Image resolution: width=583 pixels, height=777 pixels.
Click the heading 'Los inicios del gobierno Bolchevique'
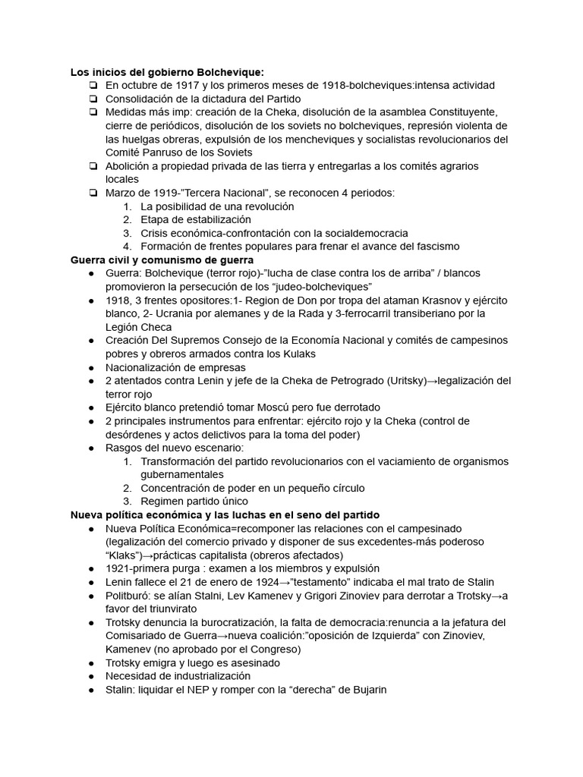point(167,72)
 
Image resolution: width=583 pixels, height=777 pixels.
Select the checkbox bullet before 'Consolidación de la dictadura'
point(92,99)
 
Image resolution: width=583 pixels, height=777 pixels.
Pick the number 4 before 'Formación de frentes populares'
point(126,247)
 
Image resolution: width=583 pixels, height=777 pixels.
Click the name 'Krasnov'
point(427,300)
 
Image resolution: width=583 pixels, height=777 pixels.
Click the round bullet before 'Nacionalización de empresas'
point(92,367)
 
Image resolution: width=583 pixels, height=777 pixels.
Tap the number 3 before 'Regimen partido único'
point(126,501)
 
